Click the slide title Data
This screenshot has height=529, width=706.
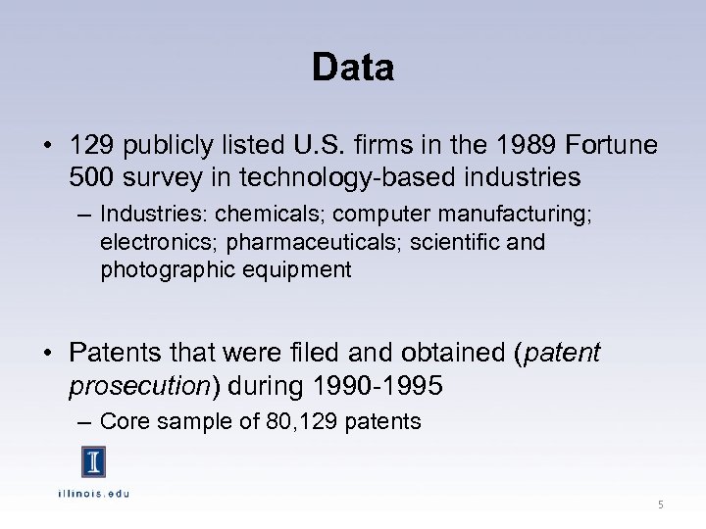click(x=353, y=68)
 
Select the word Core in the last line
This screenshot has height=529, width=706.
click(x=123, y=422)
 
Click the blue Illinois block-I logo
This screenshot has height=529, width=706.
click(x=93, y=461)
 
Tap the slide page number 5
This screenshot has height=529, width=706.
click(x=660, y=505)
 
